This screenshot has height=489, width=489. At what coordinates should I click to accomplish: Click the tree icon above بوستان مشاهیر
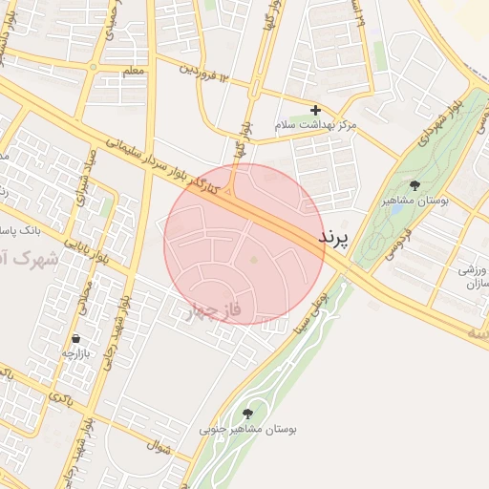415,185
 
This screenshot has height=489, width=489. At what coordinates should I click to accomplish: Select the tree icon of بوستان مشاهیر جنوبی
248,414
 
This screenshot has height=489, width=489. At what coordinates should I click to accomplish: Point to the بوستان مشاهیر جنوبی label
248,430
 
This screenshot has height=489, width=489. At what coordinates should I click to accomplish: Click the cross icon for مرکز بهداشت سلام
315,111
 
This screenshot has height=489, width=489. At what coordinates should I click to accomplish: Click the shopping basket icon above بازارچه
75,339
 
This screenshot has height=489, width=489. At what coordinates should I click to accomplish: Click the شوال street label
157,445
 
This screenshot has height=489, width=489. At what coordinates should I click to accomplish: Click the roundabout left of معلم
93,67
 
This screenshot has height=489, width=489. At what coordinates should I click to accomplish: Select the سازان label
472,286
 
